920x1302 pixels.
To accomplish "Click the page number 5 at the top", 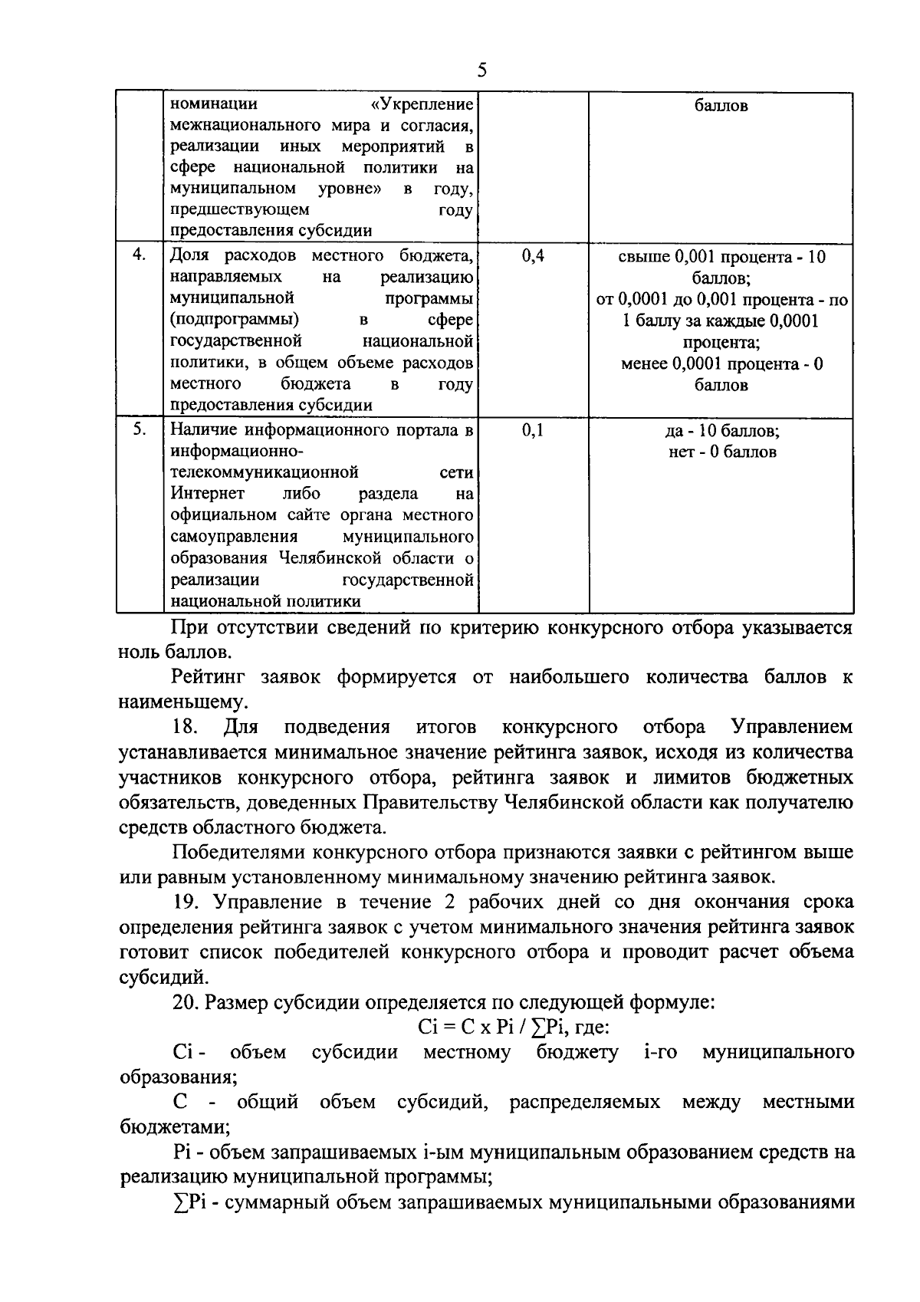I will [481, 71].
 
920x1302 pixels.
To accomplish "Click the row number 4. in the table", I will [139, 255].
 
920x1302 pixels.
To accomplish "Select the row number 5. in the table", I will [139, 430].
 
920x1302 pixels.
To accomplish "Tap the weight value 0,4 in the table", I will [533, 256].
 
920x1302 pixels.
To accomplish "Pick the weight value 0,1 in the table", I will [533, 431].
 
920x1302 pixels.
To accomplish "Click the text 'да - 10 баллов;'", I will [721, 431].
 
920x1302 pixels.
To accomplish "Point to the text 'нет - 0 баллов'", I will [721, 452].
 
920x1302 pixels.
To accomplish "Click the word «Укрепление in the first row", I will [421, 104].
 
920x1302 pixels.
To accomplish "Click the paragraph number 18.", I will [186, 726].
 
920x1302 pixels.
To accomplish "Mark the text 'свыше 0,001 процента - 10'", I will [721, 256].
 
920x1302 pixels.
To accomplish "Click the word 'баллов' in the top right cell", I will [721, 105].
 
